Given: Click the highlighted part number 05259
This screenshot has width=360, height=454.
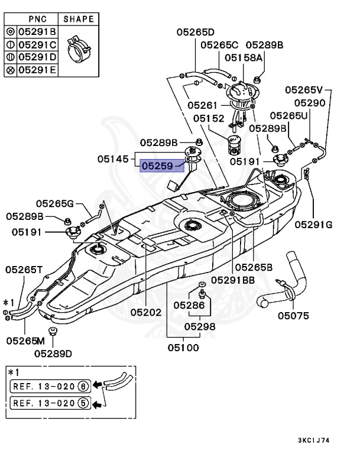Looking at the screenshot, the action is (x=157, y=166).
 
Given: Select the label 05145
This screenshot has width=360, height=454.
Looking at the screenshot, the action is (x=113, y=159).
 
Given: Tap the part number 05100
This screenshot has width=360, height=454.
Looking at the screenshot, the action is (x=183, y=348).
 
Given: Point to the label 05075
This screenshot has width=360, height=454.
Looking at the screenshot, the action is (x=293, y=316).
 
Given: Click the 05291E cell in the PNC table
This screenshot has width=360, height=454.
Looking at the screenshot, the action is (x=37, y=70).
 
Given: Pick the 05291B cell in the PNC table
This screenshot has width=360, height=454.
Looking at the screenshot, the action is (x=37, y=31).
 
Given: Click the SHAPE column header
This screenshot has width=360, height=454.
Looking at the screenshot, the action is (x=79, y=19).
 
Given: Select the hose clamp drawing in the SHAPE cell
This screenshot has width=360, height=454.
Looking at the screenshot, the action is (x=79, y=48).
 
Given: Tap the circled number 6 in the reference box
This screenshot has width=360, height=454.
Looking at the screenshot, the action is (x=83, y=386).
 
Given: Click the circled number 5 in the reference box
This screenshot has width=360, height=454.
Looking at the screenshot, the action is (x=83, y=403).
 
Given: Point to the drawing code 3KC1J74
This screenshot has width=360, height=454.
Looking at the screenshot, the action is (x=314, y=440).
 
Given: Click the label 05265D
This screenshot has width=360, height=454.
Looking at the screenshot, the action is (x=196, y=32).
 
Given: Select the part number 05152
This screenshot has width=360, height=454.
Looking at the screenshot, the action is (x=209, y=118).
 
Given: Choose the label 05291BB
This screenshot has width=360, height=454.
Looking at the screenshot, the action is (x=233, y=280).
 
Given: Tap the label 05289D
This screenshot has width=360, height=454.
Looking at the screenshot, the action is (x=53, y=354).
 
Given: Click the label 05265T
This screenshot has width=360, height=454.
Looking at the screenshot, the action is (x=24, y=270).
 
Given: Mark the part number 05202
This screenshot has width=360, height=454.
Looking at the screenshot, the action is (x=146, y=312).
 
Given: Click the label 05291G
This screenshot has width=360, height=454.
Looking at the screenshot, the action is (x=314, y=225).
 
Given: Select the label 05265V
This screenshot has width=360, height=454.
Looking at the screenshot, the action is (x=304, y=90).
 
